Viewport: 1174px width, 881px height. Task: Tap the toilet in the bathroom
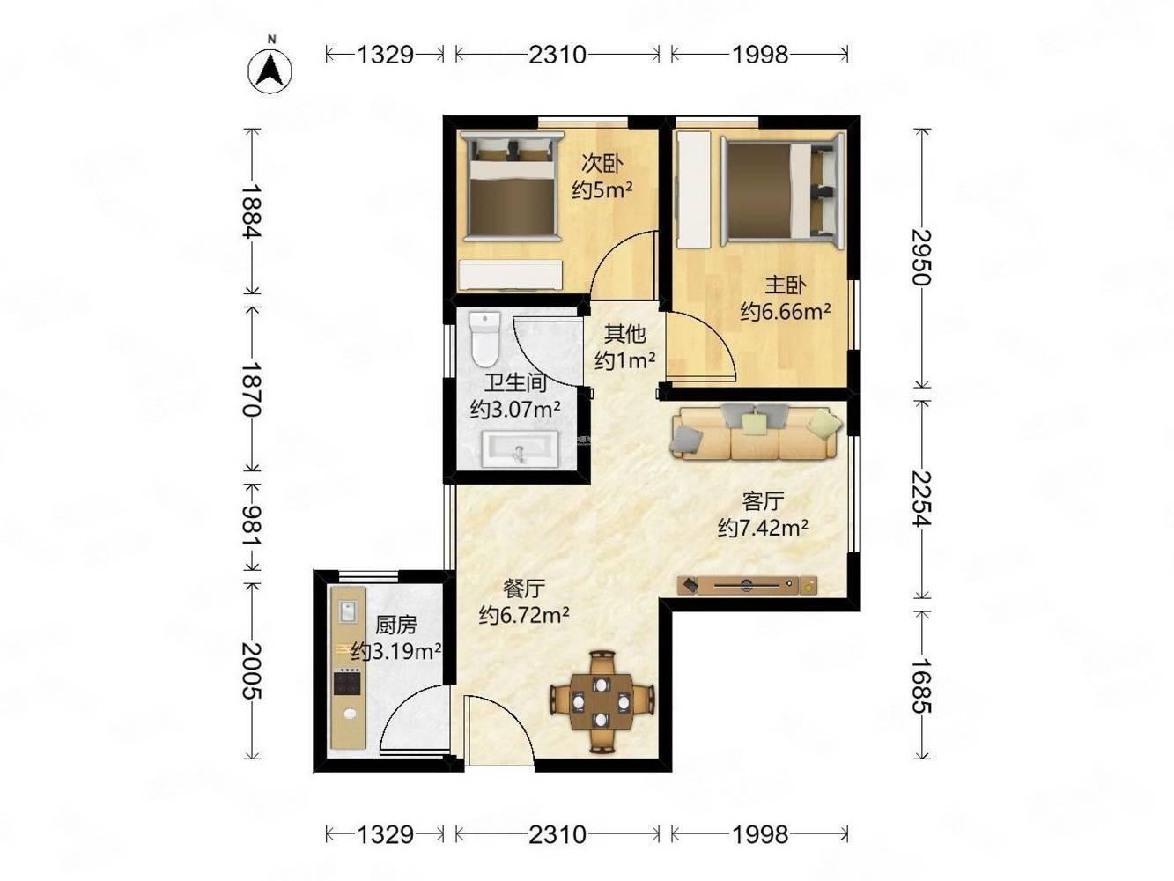click(x=484, y=339)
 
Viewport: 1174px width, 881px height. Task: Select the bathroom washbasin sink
click(x=520, y=448)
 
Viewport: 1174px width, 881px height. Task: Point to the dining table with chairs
click(x=602, y=701)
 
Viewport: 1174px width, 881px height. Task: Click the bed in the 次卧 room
click(x=512, y=187)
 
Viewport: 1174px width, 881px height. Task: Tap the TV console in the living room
click(x=747, y=585)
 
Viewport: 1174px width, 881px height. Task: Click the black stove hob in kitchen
click(x=347, y=683)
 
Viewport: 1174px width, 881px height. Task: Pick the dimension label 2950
click(x=921, y=258)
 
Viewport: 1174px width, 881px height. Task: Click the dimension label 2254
click(x=921, y=499)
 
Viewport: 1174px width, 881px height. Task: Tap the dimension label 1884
click(x=252, y=211)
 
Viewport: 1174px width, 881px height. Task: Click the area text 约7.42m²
click(x=763, y=528)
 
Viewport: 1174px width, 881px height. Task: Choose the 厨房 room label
click(x=395, y=625)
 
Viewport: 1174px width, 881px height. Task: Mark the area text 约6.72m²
click(x=524, y=616)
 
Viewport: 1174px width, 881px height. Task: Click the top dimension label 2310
click(x=557, y=55)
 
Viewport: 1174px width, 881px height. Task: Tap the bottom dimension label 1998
click(x=760, y=834)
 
